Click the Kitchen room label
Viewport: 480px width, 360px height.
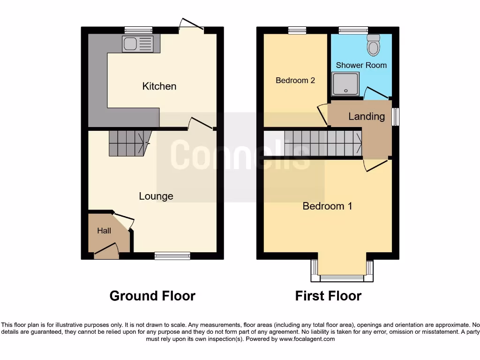159,86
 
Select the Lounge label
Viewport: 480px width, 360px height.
156,196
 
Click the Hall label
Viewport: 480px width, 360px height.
104,231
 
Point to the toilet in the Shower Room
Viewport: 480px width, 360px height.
374,45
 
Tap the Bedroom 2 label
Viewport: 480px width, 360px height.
295,81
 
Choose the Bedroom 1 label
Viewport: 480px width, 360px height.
327,206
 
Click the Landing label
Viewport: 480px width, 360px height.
366,116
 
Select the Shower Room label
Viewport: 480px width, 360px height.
361,65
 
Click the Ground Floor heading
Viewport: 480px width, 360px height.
152,296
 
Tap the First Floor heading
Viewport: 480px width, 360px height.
328,296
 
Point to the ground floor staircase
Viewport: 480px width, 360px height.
127,142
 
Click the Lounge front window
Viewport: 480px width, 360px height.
172,256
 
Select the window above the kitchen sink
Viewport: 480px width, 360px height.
138,30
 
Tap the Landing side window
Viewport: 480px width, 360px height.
396,117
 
